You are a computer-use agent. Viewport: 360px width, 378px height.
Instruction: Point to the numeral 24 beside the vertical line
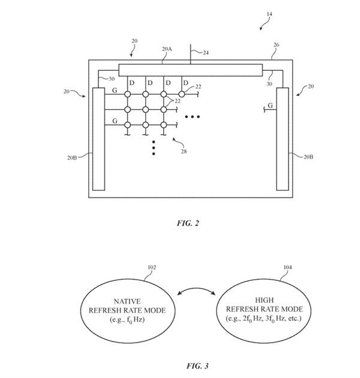pos(206,53)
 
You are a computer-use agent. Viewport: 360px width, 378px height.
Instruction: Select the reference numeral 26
pos(275,44)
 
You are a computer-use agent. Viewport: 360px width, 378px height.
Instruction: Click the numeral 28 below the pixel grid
pos(184,151)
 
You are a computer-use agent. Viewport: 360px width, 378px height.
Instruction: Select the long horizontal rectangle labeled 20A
pos(191,70)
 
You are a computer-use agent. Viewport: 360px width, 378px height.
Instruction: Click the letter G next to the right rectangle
pos(271,106)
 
